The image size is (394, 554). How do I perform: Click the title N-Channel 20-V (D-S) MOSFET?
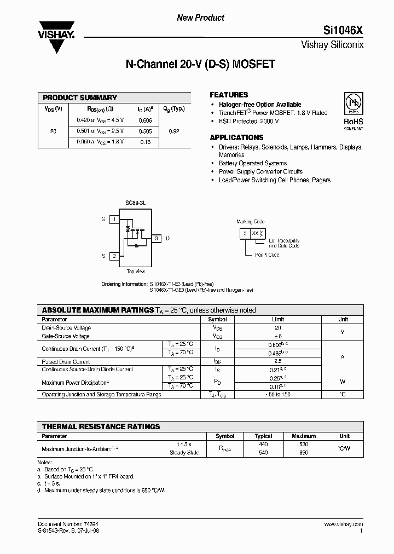[200, 64]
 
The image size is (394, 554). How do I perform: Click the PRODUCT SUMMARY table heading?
[80, 97]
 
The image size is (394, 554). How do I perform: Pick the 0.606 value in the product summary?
[145, 120]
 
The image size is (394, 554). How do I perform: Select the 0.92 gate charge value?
[174, 131]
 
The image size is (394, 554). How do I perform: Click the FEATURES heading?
[229, 95]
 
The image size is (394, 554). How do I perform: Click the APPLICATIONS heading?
[236, 137]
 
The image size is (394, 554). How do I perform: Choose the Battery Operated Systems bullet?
[252, 163]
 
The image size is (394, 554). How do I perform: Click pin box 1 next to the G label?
[114, 220]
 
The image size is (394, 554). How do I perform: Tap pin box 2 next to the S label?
[114, 256]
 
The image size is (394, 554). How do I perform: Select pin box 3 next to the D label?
[156, 238]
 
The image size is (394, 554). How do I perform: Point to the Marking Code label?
[250, 222]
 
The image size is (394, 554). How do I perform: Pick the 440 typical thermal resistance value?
[264, 445]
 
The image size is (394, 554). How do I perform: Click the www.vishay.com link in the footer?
[343, 524]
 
